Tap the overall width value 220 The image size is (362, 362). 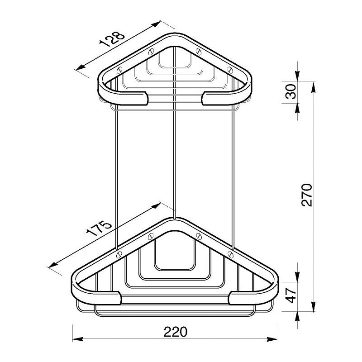pos(176,332)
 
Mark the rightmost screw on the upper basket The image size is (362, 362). pos(230,70)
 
